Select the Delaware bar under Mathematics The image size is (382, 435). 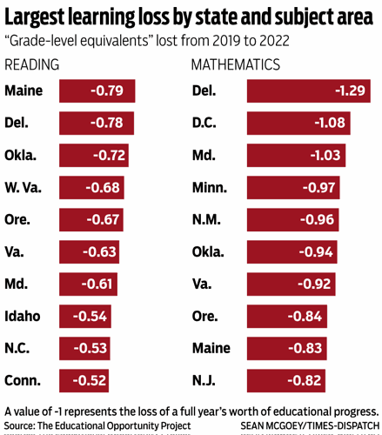click(x=308, y=90)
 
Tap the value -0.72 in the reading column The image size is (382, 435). click(x=109, y=155)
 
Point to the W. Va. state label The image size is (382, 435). click(x=24, y=187)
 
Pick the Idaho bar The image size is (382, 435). click(x=86, y=316)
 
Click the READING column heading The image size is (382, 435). click(x=32, y=65)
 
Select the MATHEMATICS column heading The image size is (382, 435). click(x=235, y=65)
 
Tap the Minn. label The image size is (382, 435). click(x=209, y=187)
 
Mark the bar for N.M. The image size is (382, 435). click(x=292, y=219)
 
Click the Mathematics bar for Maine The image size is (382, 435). click(x=286, y=348)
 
